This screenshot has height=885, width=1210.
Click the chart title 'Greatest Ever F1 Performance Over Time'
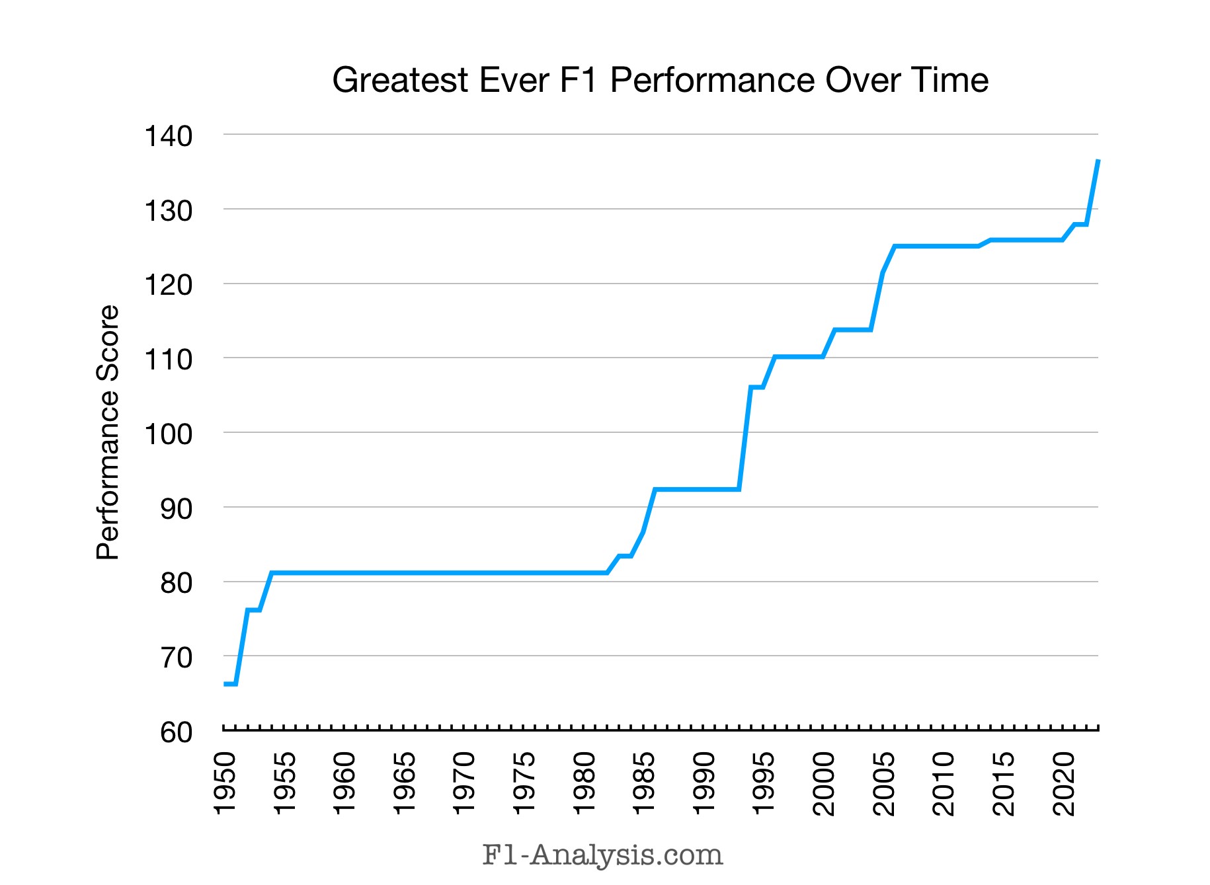[660, 81]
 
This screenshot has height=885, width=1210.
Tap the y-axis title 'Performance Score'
[108, 433]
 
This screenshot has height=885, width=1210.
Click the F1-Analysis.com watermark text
[602, 855]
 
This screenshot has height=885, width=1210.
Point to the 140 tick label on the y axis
[168, 136]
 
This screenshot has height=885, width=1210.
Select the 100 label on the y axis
[168, 434]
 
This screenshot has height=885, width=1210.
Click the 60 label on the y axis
[176, 732]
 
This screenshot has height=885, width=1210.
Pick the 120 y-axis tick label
[168, 286]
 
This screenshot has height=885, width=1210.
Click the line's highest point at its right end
[1098, 161]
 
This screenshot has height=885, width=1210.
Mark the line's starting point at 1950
[225, 684]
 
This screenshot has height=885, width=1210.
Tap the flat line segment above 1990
[704, 490]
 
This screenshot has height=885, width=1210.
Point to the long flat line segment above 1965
[405, 572]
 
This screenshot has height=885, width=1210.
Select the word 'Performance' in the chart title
[712, 81]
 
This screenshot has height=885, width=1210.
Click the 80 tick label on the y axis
[176, 584]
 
